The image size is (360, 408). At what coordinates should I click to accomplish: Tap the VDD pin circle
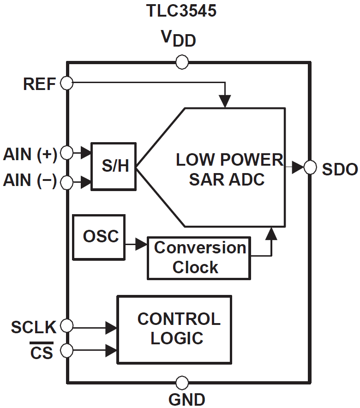click(182, 62)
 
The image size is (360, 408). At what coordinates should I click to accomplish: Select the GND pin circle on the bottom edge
click(182, 382)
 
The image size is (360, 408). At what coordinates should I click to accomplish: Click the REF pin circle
click(67, 84)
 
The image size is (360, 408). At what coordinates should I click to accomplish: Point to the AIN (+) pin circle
click(67, 153)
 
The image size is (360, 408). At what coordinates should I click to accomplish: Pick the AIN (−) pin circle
click(67, 183)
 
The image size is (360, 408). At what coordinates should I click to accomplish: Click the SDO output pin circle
click(309, 167)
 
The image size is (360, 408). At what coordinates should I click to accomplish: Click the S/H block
click(114, 166)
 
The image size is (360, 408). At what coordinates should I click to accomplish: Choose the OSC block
click(99, 237)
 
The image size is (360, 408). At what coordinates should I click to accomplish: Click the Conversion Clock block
click(199, 258)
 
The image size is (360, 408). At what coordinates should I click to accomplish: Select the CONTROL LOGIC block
click(174, 329)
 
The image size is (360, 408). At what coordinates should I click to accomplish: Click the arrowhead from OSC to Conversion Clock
click(141, 245)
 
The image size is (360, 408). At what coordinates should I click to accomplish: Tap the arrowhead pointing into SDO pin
click(298, 167)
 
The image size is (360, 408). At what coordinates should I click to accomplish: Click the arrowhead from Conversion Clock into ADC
click(272, 234)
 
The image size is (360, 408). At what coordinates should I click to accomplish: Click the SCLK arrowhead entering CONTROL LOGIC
click(111, 328)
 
